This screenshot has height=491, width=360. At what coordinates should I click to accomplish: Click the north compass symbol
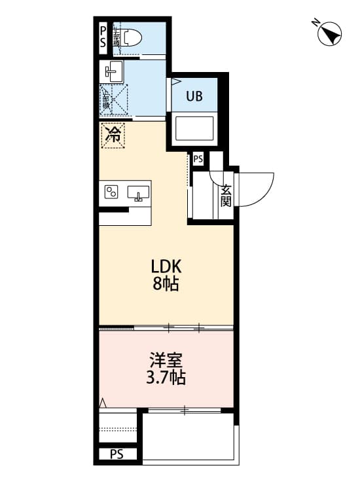click(331, 33)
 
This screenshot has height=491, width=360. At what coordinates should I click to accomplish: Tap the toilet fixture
click(129, 37)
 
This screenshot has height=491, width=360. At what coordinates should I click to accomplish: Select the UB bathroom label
click(194, 97)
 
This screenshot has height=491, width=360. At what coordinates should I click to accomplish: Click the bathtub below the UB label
click(194, 128)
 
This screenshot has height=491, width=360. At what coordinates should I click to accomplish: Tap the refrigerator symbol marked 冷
click(113, 136)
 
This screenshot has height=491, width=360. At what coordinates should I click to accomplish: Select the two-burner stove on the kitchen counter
click(112, 192)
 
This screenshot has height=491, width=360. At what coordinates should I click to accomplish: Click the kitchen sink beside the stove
click(137, 193)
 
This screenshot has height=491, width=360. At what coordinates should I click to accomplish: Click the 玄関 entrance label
click(226, 195)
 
